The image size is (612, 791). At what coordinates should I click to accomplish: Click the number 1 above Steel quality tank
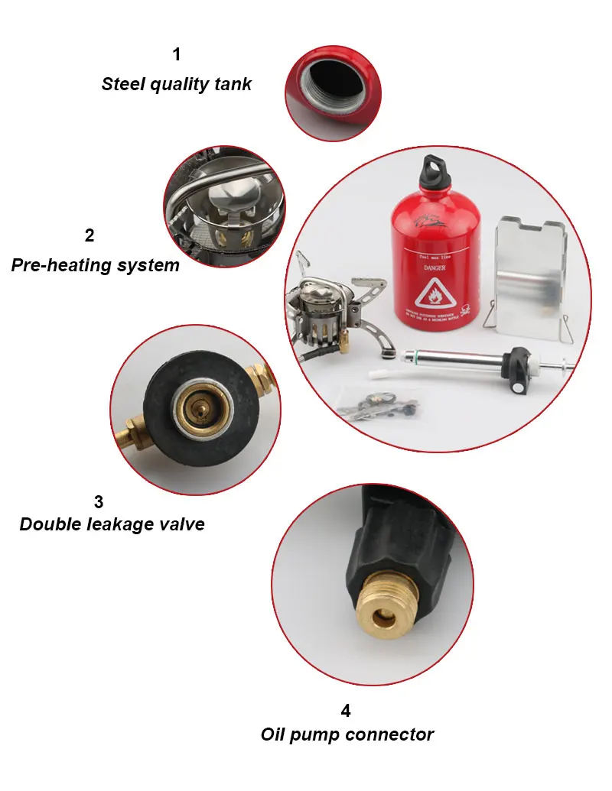point(177,55)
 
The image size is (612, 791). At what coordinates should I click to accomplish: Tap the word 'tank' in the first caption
point(232,84)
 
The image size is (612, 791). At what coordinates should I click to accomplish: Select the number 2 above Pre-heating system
point(90,235)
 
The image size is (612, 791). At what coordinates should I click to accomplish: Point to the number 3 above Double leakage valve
point(99,502)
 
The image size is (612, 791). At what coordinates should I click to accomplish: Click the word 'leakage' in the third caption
point(126,524)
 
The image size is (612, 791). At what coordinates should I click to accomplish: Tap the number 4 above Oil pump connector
point(346,711)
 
